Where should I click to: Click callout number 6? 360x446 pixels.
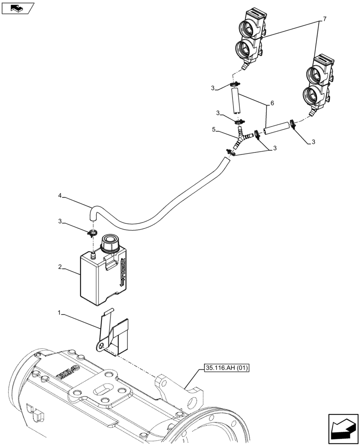(271, 104)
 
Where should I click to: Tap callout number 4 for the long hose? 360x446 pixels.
(59, 195)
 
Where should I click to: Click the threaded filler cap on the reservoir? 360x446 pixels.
(109, 244)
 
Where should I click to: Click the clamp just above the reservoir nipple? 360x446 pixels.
(93, 232)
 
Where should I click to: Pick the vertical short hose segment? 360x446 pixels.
(235, 101)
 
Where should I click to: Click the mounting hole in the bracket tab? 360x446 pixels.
(102, 345)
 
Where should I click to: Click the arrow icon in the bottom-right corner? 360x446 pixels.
(343, 429)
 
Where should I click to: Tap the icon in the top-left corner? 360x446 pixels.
(17, 8)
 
